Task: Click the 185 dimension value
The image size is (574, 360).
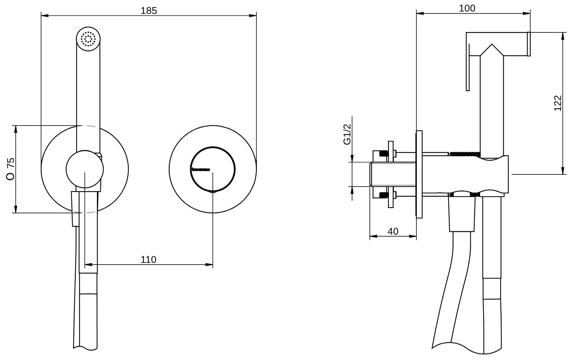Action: point(149,10)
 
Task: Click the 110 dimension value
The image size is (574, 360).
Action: point(149,259)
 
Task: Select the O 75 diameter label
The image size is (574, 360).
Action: point(11,169)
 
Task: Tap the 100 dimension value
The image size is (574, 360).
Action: point(467,8)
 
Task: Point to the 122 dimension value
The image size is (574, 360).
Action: point(558,103)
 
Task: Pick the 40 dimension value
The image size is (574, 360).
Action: point(393,231)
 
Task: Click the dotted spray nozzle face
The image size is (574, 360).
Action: point(88,39)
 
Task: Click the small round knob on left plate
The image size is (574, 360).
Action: point(85,169)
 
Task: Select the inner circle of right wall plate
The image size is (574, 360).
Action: point(212,169)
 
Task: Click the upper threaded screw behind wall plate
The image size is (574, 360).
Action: point(383,153)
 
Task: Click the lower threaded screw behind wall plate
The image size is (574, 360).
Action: point(383,195)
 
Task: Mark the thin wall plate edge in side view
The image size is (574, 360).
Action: point(419,174)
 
